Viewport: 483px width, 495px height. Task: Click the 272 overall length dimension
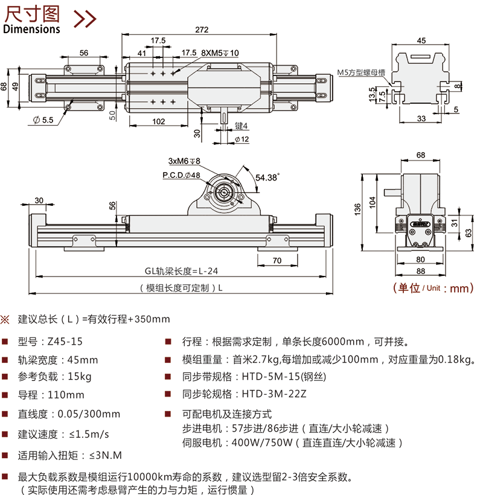[x=203, y=28]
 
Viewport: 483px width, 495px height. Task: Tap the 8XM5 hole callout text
[x=220, y=53]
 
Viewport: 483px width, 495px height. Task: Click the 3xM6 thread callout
[x=184, y=161]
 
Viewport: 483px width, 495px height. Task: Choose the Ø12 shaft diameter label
[x=241, y=139]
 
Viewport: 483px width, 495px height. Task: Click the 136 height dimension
[x=359, y=208]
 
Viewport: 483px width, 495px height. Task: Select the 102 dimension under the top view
[x=158, y=121]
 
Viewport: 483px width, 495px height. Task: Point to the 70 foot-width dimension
[x=277, y=261]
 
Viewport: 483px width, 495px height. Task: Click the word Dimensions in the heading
[x=32, y=28]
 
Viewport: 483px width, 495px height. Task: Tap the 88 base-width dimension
[x=420, y=272]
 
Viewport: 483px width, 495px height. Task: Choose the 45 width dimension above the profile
[x=421, y=40]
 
